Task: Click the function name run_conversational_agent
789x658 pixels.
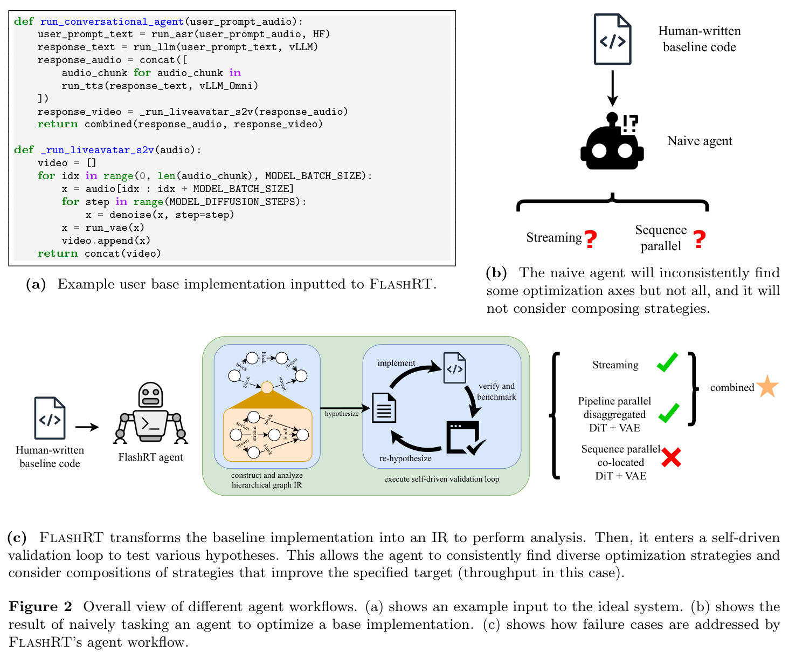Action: coord(112,22)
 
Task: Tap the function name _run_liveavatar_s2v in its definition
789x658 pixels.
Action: coord(97,150)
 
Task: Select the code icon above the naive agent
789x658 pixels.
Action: coord(612,39)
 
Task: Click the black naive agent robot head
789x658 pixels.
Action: coord(612,141)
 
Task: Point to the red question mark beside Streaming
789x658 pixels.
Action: coord(591,239)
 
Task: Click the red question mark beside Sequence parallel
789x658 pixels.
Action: coord(700,239)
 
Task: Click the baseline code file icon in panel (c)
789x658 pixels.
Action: coord(50,418)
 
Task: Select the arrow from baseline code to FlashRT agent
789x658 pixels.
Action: coord(87,427)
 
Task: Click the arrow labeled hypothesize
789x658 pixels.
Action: coord(345,408)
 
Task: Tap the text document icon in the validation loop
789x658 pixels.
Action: coord(384,408)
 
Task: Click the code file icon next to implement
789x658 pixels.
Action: coord(454,368)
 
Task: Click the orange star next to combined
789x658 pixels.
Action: coord(767,387)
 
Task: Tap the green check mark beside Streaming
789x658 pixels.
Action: coord(667,362)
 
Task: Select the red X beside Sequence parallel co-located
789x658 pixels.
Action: coord(671,457)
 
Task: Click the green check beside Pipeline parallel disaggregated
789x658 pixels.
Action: coord(669,413)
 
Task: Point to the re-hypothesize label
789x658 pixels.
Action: coord(405,458)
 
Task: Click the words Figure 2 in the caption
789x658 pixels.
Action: coord(40,607)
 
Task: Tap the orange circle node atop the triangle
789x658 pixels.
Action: coord(267,388)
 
